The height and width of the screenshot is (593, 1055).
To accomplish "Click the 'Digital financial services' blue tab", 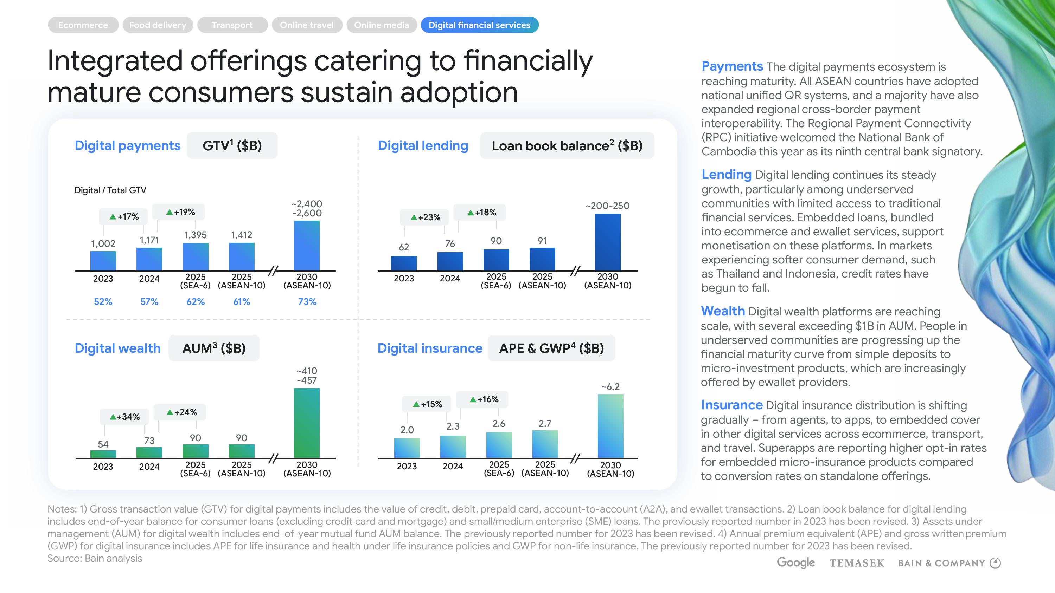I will coord(479,25).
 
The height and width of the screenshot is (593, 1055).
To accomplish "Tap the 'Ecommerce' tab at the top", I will coord(83,25).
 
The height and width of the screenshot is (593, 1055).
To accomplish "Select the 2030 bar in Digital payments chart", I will coord(307,245).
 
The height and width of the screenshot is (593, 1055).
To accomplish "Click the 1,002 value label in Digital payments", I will coord(103,244).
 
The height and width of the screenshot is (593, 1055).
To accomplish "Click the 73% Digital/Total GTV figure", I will coord(307,302).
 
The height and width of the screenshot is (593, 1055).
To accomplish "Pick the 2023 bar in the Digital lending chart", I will coord(404,263).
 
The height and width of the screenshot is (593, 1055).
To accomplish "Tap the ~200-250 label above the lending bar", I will coord(607,206).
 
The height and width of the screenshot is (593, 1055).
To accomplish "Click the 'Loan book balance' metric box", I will coord(567,146).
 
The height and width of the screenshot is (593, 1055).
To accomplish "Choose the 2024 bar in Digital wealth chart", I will coord(149,452).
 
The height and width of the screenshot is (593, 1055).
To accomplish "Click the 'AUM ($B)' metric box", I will coord(214,348).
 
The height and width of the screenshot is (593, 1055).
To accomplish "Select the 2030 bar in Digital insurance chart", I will coord(610,426).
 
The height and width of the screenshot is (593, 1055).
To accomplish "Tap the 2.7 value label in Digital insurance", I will coord(545,424).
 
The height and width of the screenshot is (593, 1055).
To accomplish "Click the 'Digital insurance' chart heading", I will coord(430,348).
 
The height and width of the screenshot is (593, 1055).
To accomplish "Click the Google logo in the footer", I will coord(796,563).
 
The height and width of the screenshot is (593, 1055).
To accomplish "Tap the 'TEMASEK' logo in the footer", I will coord(857,563).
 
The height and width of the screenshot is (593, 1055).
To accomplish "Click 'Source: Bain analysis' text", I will coord(95,558).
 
